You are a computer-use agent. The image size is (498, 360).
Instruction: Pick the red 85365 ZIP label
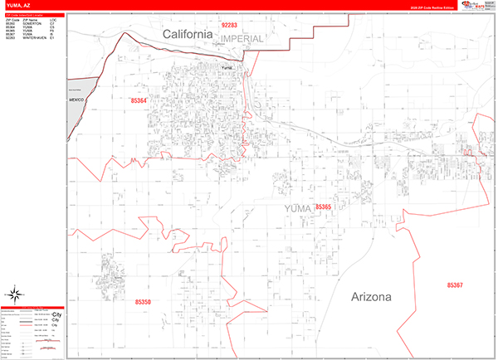point(319,207)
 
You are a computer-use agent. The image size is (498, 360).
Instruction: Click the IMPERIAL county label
point(242,39)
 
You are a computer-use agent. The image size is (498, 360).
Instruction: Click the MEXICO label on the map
point(78,99)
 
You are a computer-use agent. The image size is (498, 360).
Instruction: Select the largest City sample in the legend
point(57,315)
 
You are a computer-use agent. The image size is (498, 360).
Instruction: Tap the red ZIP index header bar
point(34,15)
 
